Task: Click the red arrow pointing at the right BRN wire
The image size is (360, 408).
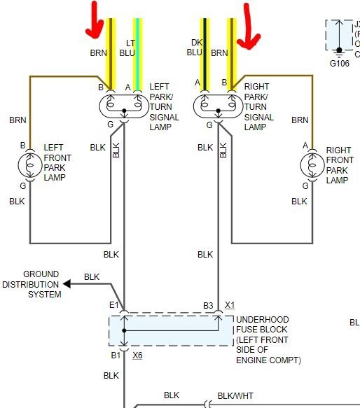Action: (x=249, y=26)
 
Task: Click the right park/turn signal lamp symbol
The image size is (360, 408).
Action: (x=217, y=105)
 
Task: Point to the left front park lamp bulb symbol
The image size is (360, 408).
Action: (x=29, y=167)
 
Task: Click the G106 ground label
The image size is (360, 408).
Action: (x=340, y=61)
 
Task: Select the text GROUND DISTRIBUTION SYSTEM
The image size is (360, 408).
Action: (x=32, y=284)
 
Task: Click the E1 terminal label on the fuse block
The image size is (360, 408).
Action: (x=113, y=305)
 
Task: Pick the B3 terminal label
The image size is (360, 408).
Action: (x=208, y=305)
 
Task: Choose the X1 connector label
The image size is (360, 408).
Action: (x=229, y=305)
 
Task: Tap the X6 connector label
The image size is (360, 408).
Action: (x=137, y=356)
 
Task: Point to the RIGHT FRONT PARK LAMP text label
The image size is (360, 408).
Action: (x=339, y=165)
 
